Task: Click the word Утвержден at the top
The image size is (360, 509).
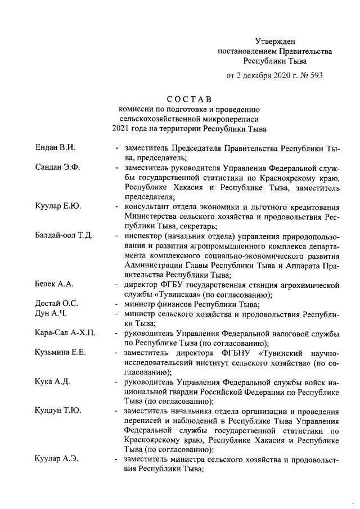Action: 274,41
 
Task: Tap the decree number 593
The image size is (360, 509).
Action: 315,74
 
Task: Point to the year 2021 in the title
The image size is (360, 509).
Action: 122,129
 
